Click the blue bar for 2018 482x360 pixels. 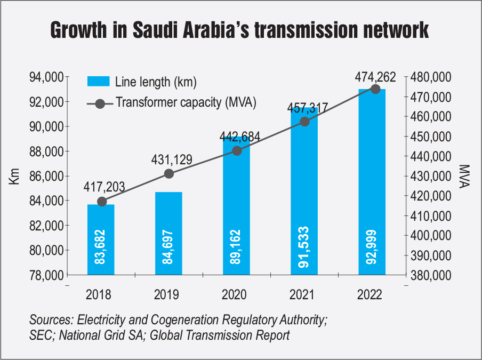101,239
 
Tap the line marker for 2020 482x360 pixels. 237,150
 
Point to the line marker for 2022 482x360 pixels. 375,89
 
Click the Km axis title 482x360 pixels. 14,177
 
